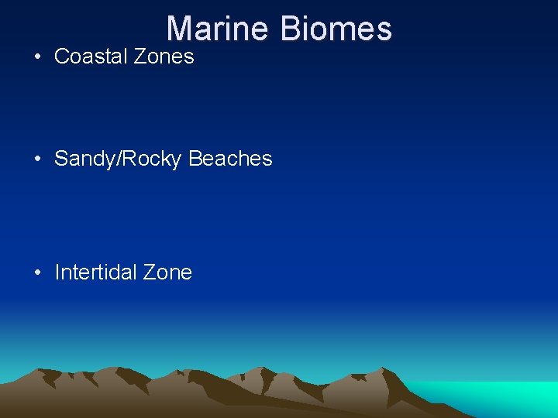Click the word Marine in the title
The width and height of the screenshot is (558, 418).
[x=217, y=29]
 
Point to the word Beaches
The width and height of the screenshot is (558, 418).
[x=230, y=159]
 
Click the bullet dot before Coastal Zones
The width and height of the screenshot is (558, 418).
[x=37, y=57]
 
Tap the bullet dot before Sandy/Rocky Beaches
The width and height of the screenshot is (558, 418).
[x=37, y=159]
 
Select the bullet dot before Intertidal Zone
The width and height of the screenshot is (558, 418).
[x=37, y=273]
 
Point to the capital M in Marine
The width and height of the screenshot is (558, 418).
[x=180, y=29]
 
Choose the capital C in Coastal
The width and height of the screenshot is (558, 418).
[x=62, y=57]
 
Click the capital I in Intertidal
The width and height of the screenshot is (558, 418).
[x=57, y=272]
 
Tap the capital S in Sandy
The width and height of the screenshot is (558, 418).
[x=62, y=159]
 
